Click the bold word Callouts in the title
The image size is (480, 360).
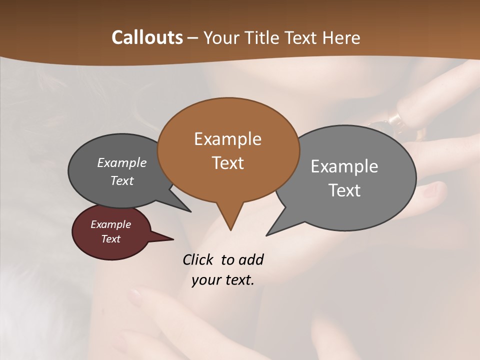point(147,37)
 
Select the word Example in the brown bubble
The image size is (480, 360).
point(227,139)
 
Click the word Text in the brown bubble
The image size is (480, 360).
point(227,163)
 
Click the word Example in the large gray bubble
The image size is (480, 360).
point(344,166)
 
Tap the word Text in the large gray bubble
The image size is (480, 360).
point(344,190)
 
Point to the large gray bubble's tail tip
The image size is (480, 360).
point(267,234)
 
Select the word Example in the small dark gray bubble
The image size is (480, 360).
point(121,163)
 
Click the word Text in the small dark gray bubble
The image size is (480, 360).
point(121,181)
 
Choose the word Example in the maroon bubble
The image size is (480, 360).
point(110,224)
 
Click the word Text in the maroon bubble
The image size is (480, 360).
point(110,239)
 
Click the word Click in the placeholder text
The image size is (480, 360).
point(198,259)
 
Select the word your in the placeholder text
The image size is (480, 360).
point(205,280)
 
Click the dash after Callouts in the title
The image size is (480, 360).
point(193,38)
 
